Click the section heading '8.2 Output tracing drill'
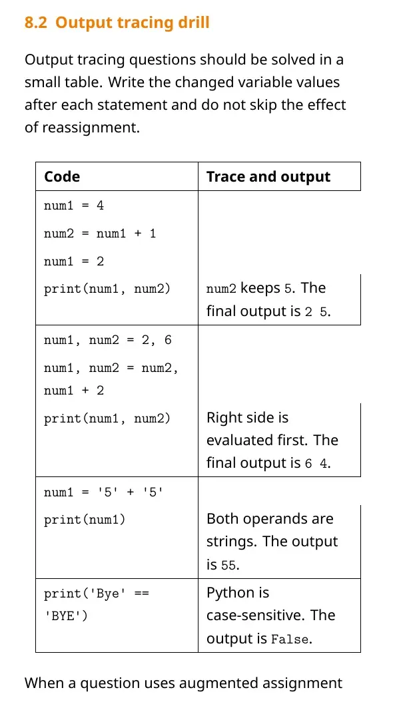point(117,23)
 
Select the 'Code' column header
point(62,176)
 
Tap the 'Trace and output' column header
point(268,177)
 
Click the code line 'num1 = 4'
point(74,206)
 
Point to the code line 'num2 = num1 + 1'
point(100,234)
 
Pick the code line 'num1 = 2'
point(74,262)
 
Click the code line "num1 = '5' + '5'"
point(104,492)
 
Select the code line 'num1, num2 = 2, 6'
point(108,341)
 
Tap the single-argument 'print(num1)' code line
point(85,520)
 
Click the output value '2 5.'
point(318,311)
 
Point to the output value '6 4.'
point(318,464)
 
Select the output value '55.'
point(230,566)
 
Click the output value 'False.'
point(292,639)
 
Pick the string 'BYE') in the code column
point(66,616)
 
